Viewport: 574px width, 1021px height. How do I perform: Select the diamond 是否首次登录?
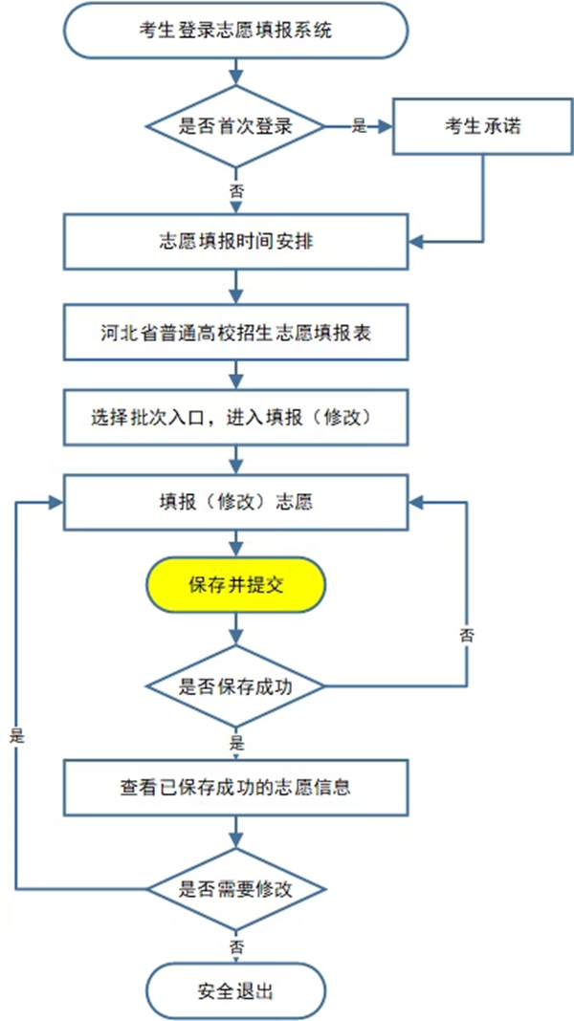point(235,126)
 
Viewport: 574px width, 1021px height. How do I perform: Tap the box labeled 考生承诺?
point(483,126)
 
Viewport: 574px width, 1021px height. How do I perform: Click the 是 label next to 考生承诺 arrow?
point(361,126)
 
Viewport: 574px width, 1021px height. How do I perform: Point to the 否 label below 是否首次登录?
point(236,191)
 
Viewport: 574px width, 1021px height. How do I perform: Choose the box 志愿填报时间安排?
point(235,241)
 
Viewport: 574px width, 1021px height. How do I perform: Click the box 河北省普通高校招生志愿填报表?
point(235,334)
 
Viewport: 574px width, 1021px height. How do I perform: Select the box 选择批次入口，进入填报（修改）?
point(235,418)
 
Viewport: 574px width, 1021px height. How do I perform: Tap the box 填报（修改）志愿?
point(235,501)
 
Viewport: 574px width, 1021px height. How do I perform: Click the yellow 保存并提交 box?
point(235,585)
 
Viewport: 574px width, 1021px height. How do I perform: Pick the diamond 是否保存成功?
point(235,685)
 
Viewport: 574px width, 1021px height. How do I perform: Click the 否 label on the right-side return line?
point(467,634)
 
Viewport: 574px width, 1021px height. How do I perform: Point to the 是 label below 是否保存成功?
point(236,741)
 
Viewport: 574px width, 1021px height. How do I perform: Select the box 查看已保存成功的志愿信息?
point(235,789)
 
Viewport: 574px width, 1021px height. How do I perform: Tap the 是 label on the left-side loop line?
point(15,737)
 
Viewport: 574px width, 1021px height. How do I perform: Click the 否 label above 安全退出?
point(236,945)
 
